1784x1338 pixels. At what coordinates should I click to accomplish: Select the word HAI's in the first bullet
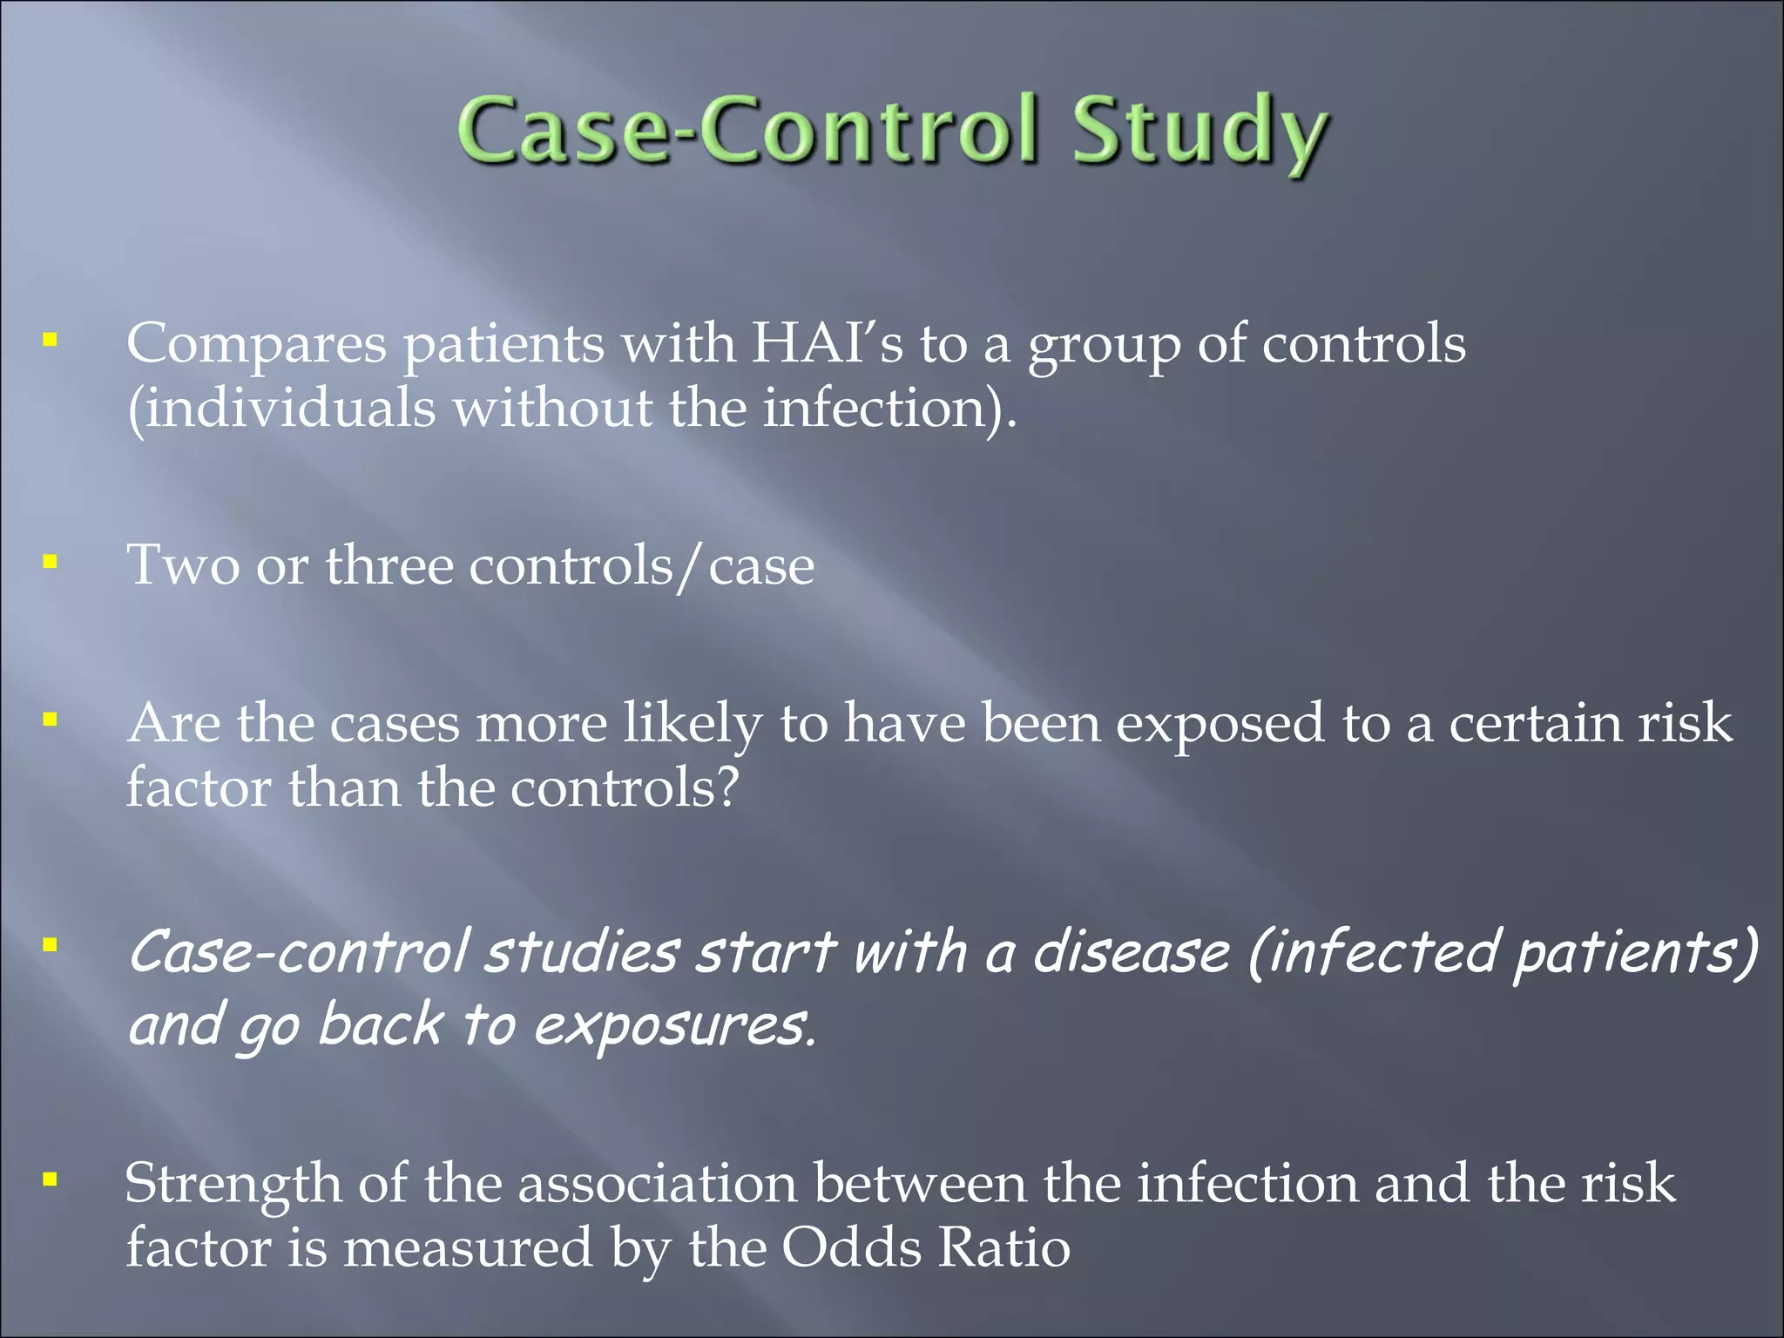coord(828,343)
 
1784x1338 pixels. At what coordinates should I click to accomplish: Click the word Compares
coord(256,345)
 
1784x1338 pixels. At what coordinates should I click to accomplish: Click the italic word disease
coord(1132,951)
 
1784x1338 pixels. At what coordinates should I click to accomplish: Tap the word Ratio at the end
coord(1003,1247)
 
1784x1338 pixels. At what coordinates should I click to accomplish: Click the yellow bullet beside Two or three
coord(51,562)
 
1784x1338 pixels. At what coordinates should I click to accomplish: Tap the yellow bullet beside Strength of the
coord(51,1180)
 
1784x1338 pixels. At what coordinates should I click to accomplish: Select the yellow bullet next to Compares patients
coord(51,339)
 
